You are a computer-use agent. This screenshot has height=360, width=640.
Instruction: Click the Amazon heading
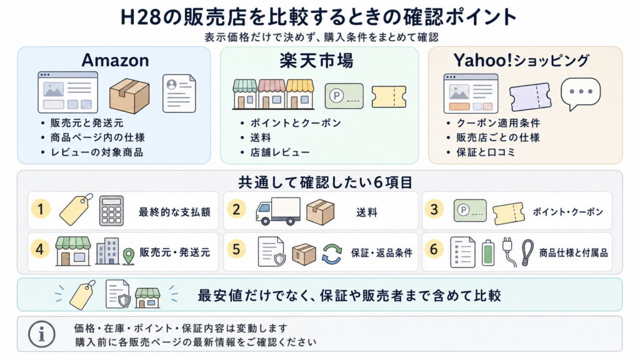point(115,61)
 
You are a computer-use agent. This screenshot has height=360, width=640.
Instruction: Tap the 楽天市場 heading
point(316,61)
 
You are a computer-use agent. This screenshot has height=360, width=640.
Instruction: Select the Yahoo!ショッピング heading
point(521,61)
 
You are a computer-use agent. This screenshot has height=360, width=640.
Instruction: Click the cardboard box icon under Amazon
point(129,96)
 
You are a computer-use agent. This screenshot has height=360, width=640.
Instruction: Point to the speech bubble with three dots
point(581,94)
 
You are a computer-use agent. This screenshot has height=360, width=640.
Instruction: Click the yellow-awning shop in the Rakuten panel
point(300,94)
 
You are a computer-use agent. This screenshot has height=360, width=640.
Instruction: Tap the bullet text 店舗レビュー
point(280,152)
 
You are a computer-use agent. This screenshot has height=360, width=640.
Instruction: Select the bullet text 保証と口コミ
point(486,152)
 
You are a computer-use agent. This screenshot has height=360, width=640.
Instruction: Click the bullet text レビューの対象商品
point(97,152)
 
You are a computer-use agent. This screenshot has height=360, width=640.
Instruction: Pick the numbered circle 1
point(41,209)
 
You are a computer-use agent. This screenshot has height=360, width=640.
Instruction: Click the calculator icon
point(111,211)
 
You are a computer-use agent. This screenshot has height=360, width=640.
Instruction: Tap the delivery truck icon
point(278,211)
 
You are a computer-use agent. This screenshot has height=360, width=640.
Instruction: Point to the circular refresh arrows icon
point(332,254)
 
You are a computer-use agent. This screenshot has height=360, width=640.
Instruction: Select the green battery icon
point(488,253)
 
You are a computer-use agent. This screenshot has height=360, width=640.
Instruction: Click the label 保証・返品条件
point(382,253)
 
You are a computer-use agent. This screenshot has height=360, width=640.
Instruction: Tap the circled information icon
point(42,334)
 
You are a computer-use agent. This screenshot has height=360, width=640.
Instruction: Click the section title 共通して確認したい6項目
point(325,182)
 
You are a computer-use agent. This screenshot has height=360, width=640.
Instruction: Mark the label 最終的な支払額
point(175,212)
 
